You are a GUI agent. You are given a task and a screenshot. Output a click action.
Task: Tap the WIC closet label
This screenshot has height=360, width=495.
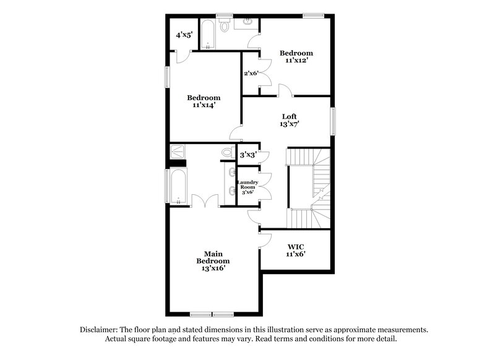[x=295, y=246]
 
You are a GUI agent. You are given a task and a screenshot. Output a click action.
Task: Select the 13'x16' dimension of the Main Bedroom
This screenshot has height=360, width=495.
[x=209, y=268]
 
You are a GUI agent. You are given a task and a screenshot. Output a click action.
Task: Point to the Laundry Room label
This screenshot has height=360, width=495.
[x=248, y=185]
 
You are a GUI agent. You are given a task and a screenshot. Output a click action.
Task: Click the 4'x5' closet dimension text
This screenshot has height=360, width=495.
[x=184, y=36]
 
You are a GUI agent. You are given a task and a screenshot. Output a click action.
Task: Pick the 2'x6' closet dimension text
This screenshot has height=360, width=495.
[x=251, y=74]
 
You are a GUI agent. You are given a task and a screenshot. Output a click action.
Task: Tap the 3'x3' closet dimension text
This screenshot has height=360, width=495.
[x=249, y=154]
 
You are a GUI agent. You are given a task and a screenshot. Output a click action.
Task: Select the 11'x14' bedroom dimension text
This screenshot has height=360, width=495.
[x=204, y=106]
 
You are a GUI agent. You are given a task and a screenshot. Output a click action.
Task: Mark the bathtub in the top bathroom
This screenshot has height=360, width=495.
[x=207, y=35]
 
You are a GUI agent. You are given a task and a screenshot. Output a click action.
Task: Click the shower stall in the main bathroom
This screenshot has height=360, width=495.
[x=178, y=151]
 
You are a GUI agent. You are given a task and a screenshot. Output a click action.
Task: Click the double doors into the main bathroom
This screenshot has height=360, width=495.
[x=204, y=200]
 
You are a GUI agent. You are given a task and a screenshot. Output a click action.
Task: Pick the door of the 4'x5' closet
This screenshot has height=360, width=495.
[x=181, y=56]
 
